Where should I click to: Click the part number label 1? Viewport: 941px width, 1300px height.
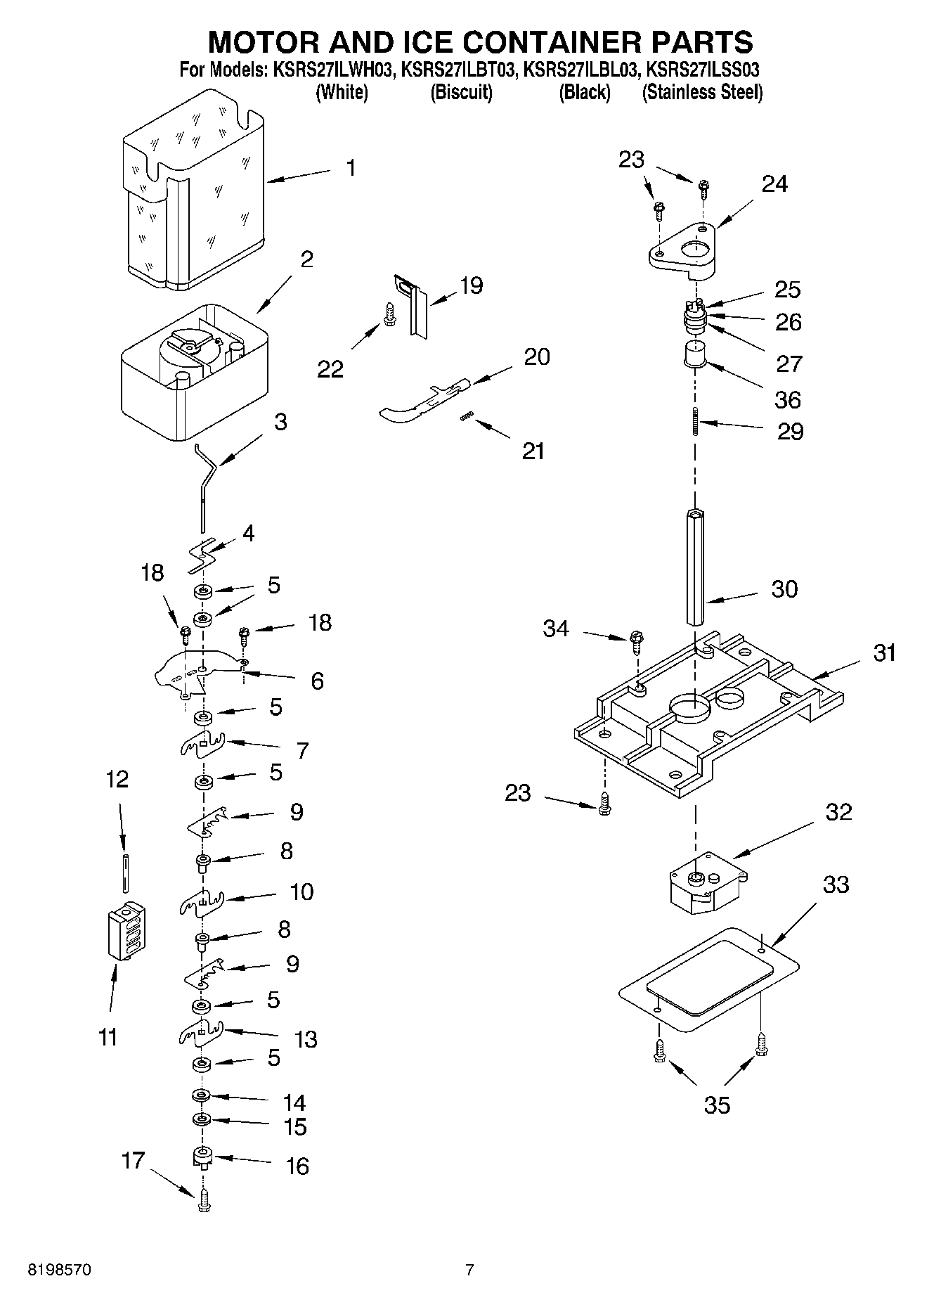click(351, 168)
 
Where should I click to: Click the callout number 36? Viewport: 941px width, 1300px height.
click(787, 399)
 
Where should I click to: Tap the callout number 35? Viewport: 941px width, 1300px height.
click(717, 1105)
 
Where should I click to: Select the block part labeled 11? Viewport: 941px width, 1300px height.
click(126, 930)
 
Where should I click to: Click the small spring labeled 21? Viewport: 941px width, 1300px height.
click(465, 418)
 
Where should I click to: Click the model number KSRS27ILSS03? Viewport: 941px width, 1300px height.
click(703, 70)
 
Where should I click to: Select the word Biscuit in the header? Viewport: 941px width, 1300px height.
click(461, 92)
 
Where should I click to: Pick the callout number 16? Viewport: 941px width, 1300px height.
click(297, 1166)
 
